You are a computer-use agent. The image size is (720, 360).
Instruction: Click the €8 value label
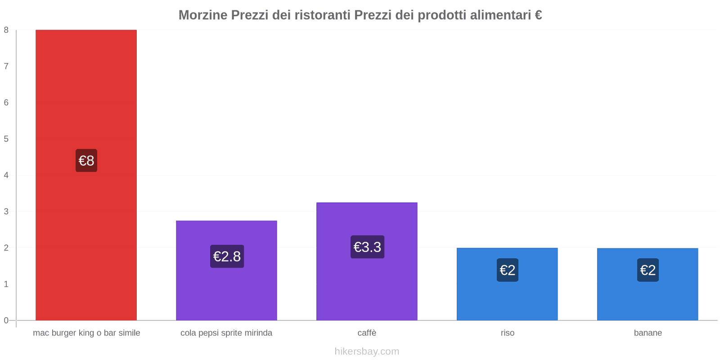tap(86, 161)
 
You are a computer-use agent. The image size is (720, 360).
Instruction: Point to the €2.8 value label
tap(227, 256)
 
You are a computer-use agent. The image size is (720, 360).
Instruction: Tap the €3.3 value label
tap(367, 247)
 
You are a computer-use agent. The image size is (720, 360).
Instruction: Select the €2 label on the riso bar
tap(508, 270)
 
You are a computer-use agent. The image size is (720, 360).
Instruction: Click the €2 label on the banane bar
tap(648, 270)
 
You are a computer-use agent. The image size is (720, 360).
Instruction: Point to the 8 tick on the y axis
tap(6, 30)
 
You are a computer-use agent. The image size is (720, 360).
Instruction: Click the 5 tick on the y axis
tap(6, 139)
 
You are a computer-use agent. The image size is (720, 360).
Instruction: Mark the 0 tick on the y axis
tap(6, 320)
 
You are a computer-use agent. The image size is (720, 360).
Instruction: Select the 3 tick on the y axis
tap(6, 211)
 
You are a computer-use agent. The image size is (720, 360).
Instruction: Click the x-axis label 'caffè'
tap(367, 333)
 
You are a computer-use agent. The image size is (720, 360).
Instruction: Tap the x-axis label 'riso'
tap(508, 333)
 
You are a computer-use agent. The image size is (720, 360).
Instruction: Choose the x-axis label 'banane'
tap(648, 333)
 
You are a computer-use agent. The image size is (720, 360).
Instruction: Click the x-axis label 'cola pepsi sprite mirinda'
tap(226, 333)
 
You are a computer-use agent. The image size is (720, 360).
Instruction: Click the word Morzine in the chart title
tap(203, 15)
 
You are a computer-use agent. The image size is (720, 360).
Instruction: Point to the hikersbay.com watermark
tap(367, 351)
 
